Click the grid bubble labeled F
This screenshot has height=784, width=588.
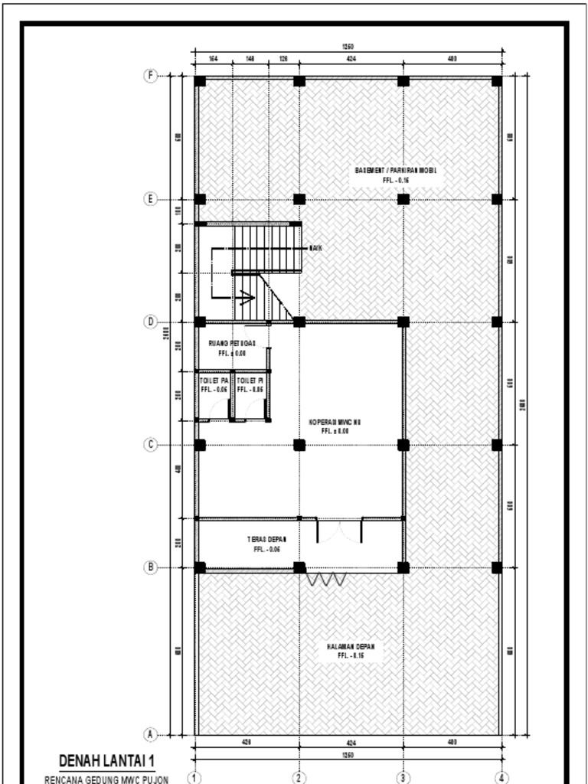[151, 75]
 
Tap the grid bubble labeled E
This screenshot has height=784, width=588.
[151, 199]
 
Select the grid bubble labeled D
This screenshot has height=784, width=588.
[151, 322]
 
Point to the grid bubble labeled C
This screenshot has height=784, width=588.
[151, 445]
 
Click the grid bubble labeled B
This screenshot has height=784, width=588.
[151, 567]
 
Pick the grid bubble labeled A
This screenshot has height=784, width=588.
[151, 734]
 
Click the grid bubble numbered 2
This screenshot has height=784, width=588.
[299, 778]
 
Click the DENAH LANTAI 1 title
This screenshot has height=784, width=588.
[106, 761]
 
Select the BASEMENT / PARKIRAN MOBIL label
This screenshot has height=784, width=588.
[396, 170]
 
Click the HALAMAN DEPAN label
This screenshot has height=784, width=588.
[350, 647]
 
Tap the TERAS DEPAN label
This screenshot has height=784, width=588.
[266, 539]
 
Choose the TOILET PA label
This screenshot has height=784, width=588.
[214, 380]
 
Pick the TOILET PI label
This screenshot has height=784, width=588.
[250, 380]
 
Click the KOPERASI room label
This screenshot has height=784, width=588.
[335, 422]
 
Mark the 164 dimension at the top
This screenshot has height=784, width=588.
[213, 57]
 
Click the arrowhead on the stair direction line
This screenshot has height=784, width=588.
[247, 298]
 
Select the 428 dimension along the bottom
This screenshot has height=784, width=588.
[247, 742]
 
